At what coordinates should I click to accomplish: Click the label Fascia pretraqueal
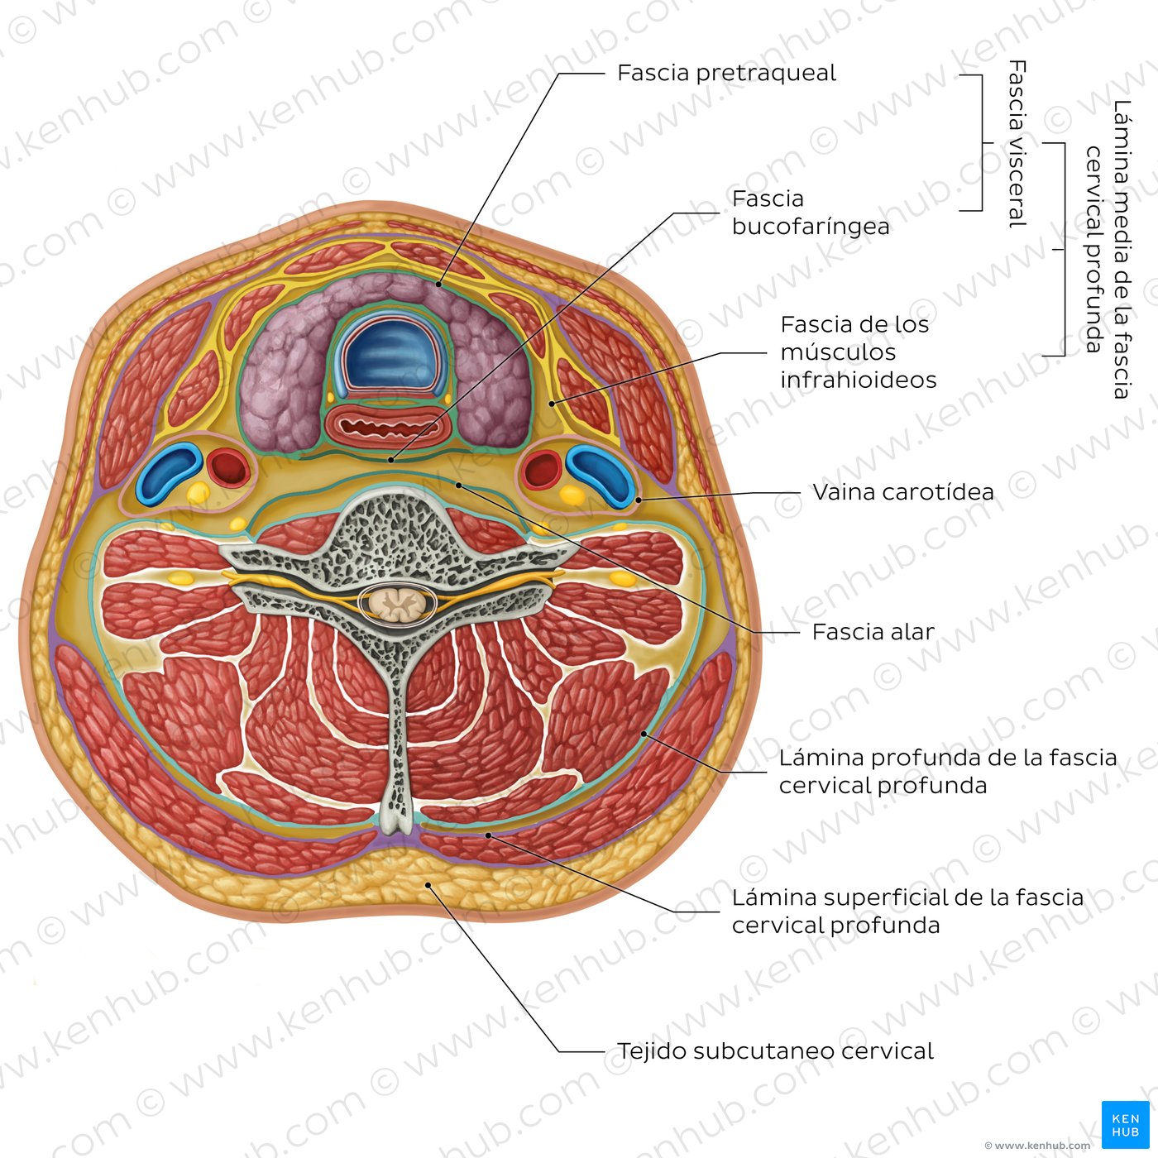(726, 74)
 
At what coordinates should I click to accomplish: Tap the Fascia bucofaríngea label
(811, 213)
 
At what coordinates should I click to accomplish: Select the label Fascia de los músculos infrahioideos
(858, 352)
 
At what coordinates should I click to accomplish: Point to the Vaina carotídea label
(903, 492)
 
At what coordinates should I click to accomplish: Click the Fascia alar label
(873, 632)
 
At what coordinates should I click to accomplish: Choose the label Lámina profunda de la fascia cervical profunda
(948, 772)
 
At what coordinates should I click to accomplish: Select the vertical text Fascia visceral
(1017, 144)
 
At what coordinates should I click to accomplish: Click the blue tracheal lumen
(391, 354)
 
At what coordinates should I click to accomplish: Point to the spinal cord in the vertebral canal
(397, 603)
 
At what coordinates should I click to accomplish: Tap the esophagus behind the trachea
(388, 428)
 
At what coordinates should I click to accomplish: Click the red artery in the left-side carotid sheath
(228, 468)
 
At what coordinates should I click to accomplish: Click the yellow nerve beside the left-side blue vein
(197, 493)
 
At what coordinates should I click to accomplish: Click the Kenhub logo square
(1125, 1124)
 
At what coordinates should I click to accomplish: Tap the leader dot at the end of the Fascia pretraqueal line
(438, 285)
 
